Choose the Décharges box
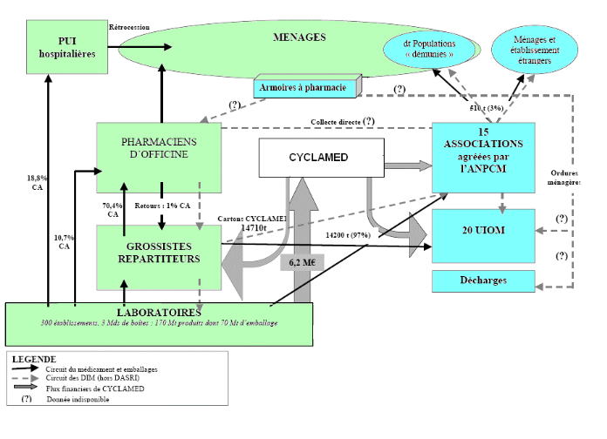click(x=482, y=280)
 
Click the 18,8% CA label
click(x=37, y=182)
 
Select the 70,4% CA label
click(x=111, y=209)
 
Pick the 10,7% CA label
click(x=64, y=241)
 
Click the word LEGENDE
click(x=34, y=359)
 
